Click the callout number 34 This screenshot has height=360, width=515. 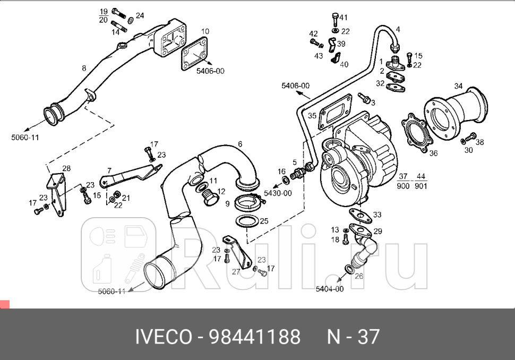[x=458, y=85]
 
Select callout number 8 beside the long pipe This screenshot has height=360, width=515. [x=84, y=68]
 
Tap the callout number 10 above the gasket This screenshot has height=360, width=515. [x=205, y=32]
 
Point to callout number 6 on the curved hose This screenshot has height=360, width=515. [x=240, y=144]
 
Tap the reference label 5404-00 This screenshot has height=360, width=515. [x=330, y=289]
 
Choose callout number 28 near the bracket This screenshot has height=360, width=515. [x=66, y=168]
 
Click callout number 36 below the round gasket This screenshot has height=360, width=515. [x=433, y=153]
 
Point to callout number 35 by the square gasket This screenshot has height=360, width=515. [x=312, y=115]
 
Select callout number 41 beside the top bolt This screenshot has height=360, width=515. [x=344, y=18]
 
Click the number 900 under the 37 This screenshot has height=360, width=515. [x=403, y=186]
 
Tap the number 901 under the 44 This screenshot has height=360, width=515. [x=420, y=186]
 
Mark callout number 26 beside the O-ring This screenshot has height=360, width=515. [x=359, y=276]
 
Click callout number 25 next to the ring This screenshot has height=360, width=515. [x=264, y=220]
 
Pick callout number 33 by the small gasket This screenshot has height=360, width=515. [x=377, y=215]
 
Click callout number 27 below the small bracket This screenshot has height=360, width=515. [x=236, y=271]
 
